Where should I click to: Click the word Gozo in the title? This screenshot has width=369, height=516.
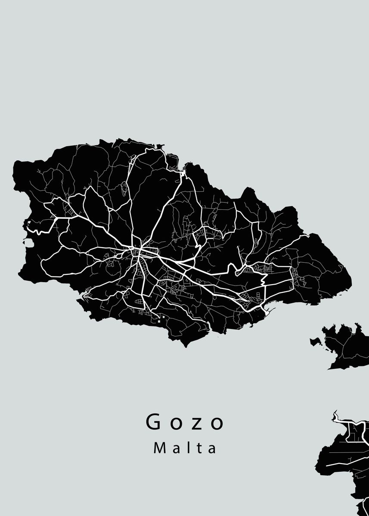(185, 422)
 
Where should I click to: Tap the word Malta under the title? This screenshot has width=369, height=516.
(185, 448)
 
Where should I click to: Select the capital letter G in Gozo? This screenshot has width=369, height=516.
(154, 422)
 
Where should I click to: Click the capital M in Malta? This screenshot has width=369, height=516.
(158, 448)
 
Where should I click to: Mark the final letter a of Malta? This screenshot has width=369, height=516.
(212, 449)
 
